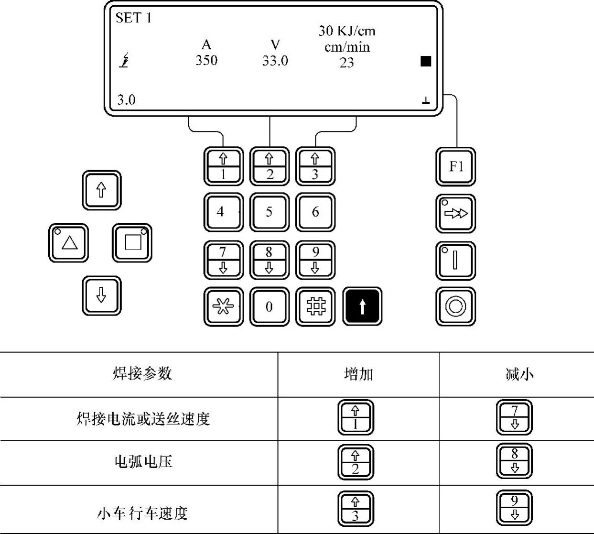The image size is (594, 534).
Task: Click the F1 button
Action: click(455, 166)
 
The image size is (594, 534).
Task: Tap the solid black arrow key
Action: click(362, 306)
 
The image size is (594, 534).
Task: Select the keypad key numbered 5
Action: click(270, 212)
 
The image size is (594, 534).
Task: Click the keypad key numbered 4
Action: click(223, 212)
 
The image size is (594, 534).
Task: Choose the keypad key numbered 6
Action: click(315, 212)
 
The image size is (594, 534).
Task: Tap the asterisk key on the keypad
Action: click(223, 306)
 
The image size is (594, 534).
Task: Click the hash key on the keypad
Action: click(315, 306)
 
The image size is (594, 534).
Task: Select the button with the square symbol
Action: click(132, 242)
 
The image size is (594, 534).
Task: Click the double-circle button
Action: click(455, 306)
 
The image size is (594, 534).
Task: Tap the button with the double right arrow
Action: click(455, 213)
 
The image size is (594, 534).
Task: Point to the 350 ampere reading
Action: click(206, 60)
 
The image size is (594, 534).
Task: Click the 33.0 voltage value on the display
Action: click(275, 61)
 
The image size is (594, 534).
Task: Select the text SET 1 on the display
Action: click(133, 18)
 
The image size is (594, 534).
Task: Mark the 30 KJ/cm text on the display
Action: click(347, 31)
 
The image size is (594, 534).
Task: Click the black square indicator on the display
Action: click(426, 61)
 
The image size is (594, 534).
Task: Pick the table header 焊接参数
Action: click(142, 373)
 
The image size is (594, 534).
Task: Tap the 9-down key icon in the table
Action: click(514, 508)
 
